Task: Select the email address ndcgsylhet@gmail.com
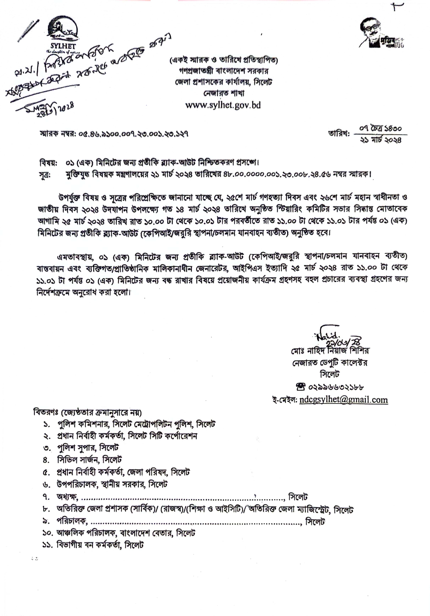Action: (x=343, y=400)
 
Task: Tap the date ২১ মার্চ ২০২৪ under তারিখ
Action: (x=381, y=140)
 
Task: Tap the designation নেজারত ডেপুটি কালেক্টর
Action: (x=330, y=363)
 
